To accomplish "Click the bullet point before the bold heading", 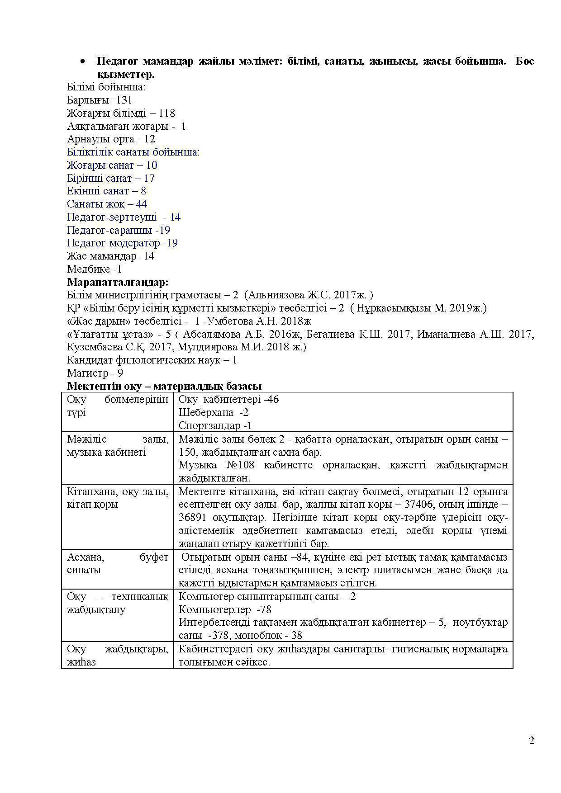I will [x=82, y=62].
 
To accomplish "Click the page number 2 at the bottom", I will [x=532, y=741].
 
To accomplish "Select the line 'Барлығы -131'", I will [x=100, y=100].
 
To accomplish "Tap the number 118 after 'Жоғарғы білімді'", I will [x=166, y=113].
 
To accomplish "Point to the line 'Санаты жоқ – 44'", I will [x=107, y=204].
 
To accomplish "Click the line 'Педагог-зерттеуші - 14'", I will [x=124, y=217].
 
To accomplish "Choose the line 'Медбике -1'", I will [x=94, y=269].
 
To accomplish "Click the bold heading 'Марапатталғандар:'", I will [x=118, y=283].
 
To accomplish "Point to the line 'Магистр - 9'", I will [x=95, y=373].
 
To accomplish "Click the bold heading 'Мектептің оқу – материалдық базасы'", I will [x=164, y=387].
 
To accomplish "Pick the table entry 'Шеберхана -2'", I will [x=214, y=413].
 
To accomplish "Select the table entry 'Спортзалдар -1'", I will [x=215, y=426].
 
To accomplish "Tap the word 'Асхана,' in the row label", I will [x=84, y=557].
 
